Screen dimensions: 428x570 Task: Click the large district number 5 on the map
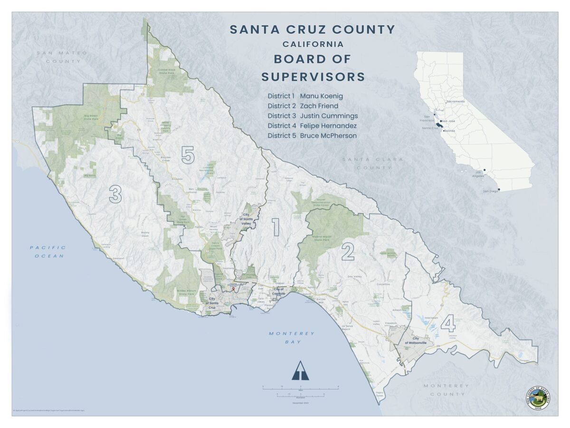(188, 155)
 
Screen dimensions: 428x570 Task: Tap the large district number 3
(115, 194)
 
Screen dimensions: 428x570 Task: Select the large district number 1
(275, 227)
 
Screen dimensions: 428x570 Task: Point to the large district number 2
(348, 252)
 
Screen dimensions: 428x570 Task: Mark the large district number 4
(448, 324)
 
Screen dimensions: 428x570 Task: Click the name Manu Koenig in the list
(321, 96)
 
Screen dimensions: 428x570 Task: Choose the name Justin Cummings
(329, 116)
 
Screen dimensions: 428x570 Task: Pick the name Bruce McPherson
(328, 136)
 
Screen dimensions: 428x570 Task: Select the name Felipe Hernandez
(328, 126)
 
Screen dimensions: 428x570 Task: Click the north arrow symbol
(300, 371)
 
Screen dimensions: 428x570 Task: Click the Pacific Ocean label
(47, 252)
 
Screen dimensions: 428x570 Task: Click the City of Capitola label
(279, 291)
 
